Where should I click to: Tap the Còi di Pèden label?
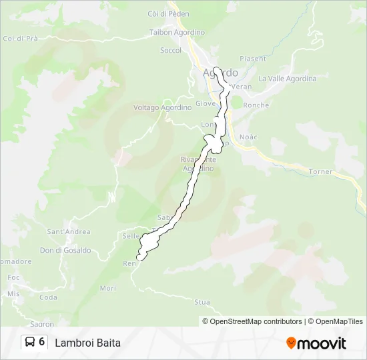(168, 14)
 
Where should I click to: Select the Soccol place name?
(171, 50)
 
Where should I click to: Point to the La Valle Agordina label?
(287, 79)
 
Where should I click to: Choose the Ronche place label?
(256, 105)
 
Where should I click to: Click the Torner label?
(320, 171)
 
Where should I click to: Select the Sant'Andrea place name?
(68, 232)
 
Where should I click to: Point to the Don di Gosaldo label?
(65, 251)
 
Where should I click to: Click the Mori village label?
(107, 288)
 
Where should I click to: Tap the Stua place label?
(202, 302)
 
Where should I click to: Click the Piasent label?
(253, 59)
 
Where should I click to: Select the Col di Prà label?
(20, 39)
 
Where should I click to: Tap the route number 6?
(42, 343)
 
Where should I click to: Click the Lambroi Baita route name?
(87, 343)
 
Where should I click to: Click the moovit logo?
(316, 343)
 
